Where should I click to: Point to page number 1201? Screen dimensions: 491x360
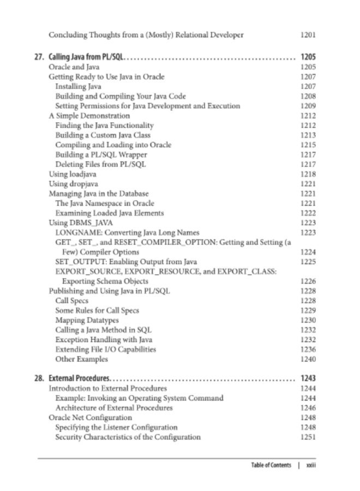pyautogui.click(x=308, y=35)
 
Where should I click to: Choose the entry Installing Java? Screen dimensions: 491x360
pyautogui.click(x=78, y=86)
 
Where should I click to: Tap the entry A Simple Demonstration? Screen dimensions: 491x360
pyautogui.click(x=89, y=116)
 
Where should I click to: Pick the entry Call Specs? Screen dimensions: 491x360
pyautogui.click(x=72, y=301)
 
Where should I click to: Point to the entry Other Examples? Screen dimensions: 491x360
pyautogui.click(x=81, y=359)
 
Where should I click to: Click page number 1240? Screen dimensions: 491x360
pyautogui.click(x=308, y=359)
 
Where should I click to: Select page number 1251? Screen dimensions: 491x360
pyautogui.click(x=308, y=437)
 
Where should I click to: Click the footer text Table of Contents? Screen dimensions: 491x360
pyautogui.click(x=271, y=466)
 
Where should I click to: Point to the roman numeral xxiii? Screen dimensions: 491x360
pyautogui.click(x=311, y=466)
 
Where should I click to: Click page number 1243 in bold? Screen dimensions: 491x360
pyautogui.click(x=308, y=378)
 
